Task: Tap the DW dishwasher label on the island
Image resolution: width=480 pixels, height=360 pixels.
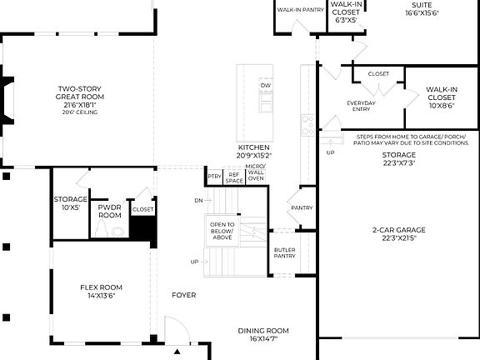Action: [265, 86]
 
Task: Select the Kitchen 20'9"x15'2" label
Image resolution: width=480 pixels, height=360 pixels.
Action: [253, 151]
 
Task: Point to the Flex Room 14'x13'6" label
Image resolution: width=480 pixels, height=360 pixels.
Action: [101, 291]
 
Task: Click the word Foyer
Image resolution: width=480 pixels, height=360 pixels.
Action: [183, 295]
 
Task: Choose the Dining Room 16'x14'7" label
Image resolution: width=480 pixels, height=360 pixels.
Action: [263, 334]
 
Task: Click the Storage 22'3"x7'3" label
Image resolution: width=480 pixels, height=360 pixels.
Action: [399, 159]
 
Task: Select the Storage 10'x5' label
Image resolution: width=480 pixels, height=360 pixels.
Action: [71, 204]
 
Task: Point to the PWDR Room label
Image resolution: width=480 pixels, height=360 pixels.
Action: [110, 210]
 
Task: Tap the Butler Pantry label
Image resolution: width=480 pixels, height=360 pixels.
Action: [285, 252]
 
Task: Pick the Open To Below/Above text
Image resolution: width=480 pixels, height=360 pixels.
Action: [222, 231]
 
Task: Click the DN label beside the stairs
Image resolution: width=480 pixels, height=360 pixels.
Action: [197, 201]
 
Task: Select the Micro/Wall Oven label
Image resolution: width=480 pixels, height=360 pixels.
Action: [255, 173]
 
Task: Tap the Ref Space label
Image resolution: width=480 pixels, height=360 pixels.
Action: [234, 177]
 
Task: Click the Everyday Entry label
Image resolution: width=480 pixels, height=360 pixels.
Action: [361, 107]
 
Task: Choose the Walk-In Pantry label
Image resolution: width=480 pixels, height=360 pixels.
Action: [300, 10]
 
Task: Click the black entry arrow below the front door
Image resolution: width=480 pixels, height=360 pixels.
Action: [177, 352]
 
